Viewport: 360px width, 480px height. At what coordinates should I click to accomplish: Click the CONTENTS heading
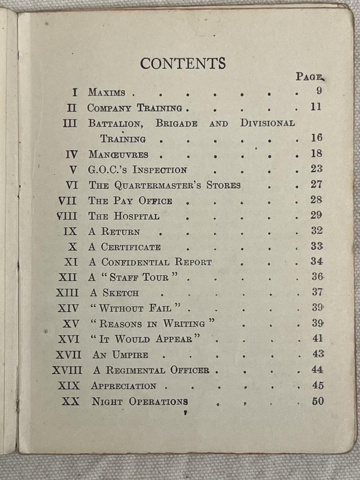pyautogui.click(x=183, y=63)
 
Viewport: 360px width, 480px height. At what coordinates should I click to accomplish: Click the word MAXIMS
pyautogui.click(x=107, y=93)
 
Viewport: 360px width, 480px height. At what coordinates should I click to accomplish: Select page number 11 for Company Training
pyautogui.click(x=316, y=107)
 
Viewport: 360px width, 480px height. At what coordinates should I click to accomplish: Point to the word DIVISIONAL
pyautogui.click(x=267, y=123)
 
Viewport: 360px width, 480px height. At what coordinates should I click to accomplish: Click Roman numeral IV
pyautogui.click(x=72, y=154)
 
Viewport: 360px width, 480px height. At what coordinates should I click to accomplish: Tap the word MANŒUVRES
pyautogui.click(x=118, y=155)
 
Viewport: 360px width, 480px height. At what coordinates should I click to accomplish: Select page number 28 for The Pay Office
pyautogui.click(x=316, y=200)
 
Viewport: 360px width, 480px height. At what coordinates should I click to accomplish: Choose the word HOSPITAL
pyautogui.click(x=136, y=216)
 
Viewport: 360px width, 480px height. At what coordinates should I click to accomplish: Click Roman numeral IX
pyautogui.click(x=71, y=232)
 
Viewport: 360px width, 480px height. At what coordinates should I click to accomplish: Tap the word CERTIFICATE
pyautogui.click(x=130, y=247)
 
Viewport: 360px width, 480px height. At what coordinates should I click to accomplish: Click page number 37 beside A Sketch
pyautogui.click(x=317, y=292)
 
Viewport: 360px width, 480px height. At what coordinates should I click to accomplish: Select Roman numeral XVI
pyautogui.click(x=69, y=338)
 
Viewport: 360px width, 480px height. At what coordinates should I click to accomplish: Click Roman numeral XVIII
pyautogui.click(x=67, y=370)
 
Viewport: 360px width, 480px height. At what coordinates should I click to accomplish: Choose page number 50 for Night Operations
pyautogui.click(x=318, y=401)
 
